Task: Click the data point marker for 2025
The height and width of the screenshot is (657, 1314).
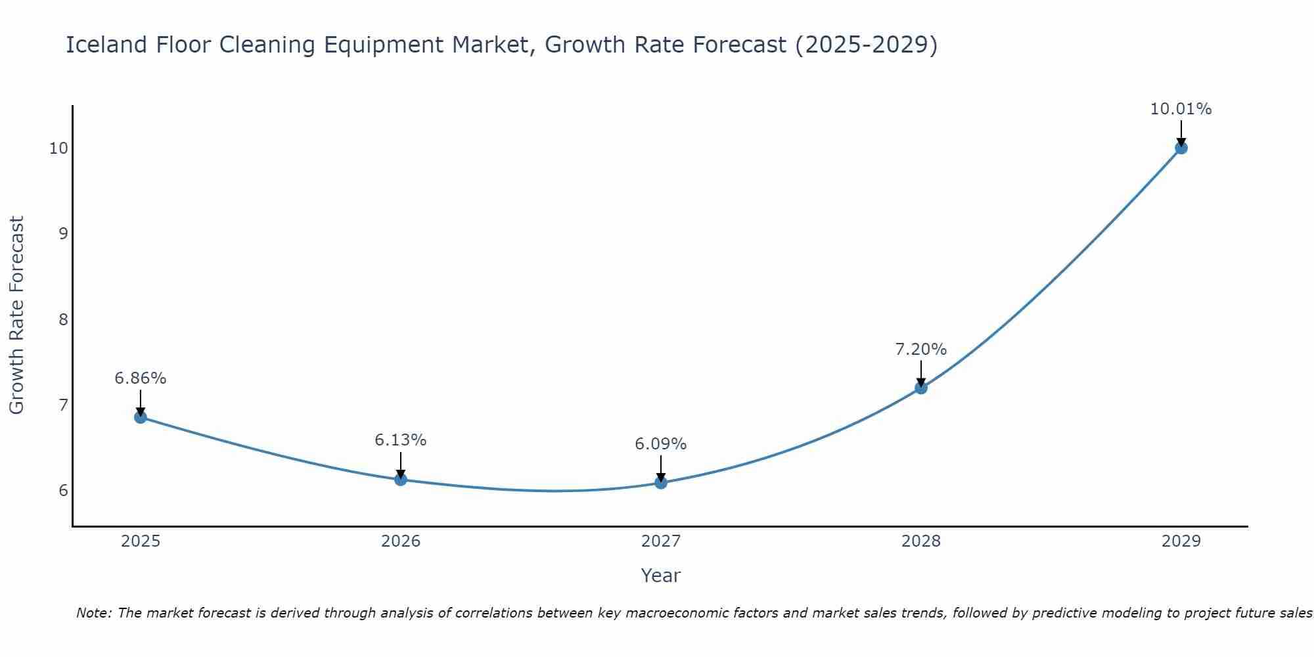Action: click(141, 417)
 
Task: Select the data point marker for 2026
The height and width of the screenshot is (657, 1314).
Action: click(401, 480)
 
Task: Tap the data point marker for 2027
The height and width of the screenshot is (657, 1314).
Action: click(661, 483)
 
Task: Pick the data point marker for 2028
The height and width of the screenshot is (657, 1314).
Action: click(921, 388)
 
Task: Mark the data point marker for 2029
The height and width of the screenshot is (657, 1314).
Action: click(1181, 148)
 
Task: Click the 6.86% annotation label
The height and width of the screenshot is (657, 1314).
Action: click(141, 378)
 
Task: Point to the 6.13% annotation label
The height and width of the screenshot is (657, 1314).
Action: click(401, 440)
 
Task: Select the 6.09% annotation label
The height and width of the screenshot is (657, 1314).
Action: click(661, 444)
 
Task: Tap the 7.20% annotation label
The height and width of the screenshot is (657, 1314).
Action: click(921, 350)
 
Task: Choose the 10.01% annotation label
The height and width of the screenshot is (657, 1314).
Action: click(1181, 109)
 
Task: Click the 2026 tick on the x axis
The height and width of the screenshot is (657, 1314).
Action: click(401, 541)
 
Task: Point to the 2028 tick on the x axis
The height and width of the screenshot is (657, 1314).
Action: click(921, 541)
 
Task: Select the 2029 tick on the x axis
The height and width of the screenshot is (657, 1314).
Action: click(1181, 541)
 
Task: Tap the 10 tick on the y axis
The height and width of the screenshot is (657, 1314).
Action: click(58, 148)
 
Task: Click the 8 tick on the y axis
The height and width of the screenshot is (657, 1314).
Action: click(63, 319)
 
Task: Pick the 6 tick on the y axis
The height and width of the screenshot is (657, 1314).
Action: click(63, 491)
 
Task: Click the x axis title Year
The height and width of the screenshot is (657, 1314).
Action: click(661, 576)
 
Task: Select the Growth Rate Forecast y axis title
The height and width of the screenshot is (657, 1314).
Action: click(17, 315)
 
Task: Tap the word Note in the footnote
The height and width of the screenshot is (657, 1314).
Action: click(95, 613)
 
